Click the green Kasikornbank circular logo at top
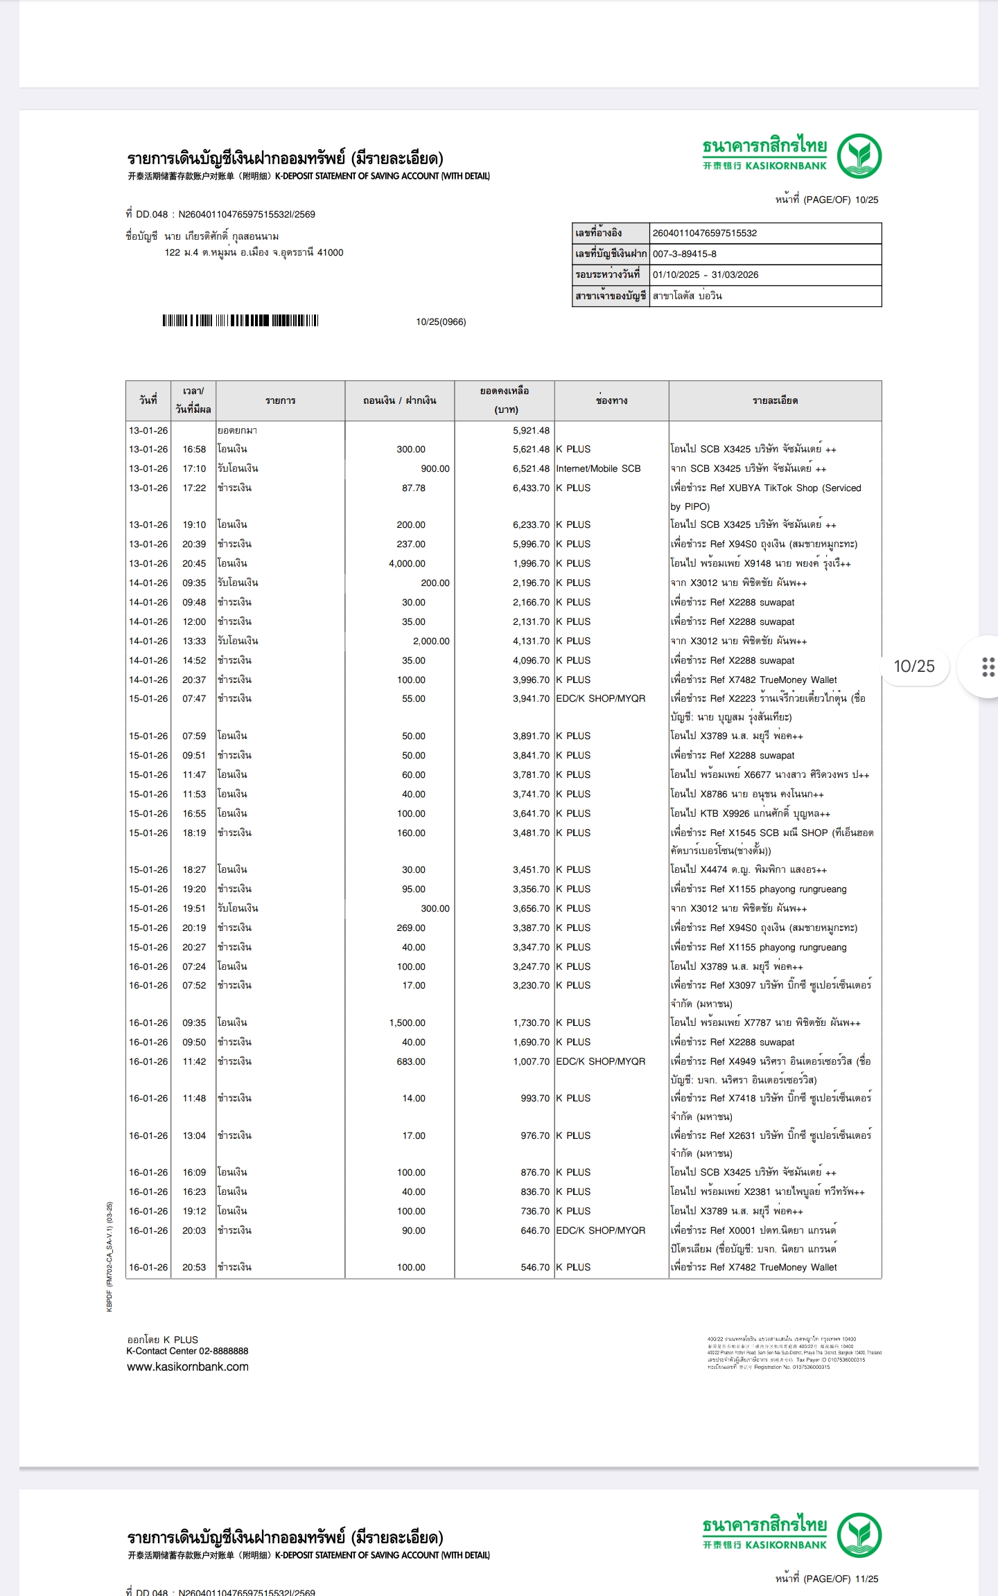pos(859,157)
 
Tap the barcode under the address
pos(240,321)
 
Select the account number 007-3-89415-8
pos(684,254)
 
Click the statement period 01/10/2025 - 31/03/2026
pos(705,275)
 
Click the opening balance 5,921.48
pos(531,431)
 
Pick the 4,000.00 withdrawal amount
pos(407,564)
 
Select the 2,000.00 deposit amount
pos(431,641)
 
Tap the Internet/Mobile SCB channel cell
pos(598,469)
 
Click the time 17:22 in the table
pos(194,488)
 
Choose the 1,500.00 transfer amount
pos(407,1023)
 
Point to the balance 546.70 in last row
pos(535,1268)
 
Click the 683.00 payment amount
pos(410,1062)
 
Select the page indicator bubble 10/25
pos(913,666)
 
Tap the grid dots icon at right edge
pos(988,666)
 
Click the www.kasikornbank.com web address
pos(187,1367)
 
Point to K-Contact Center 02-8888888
pos(187,1351)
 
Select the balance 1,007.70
pos(531,1062)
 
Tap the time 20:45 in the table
pos(194,564)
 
